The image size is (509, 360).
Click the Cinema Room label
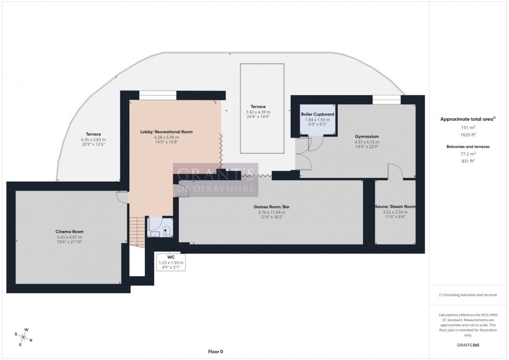pos(70,232)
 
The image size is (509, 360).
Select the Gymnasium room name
pos(366,137)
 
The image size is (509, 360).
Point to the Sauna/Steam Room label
pos(395,207)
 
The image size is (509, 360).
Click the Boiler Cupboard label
pos(317,114)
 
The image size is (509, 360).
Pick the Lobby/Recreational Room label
pos(166,132)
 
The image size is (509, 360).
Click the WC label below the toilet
pos(171,257)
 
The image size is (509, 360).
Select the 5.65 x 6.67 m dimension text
pos(70,237)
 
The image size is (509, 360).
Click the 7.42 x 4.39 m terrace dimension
pos(258,112)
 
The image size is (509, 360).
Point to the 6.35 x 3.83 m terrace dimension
pos(93,140)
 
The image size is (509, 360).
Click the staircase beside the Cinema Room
pos(137,233)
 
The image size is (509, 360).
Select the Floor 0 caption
pos(215,352)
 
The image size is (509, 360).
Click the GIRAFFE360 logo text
pos(468,344)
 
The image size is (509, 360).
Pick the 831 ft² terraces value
pos(468,161)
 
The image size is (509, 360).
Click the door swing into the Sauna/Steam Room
pos(395,171)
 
